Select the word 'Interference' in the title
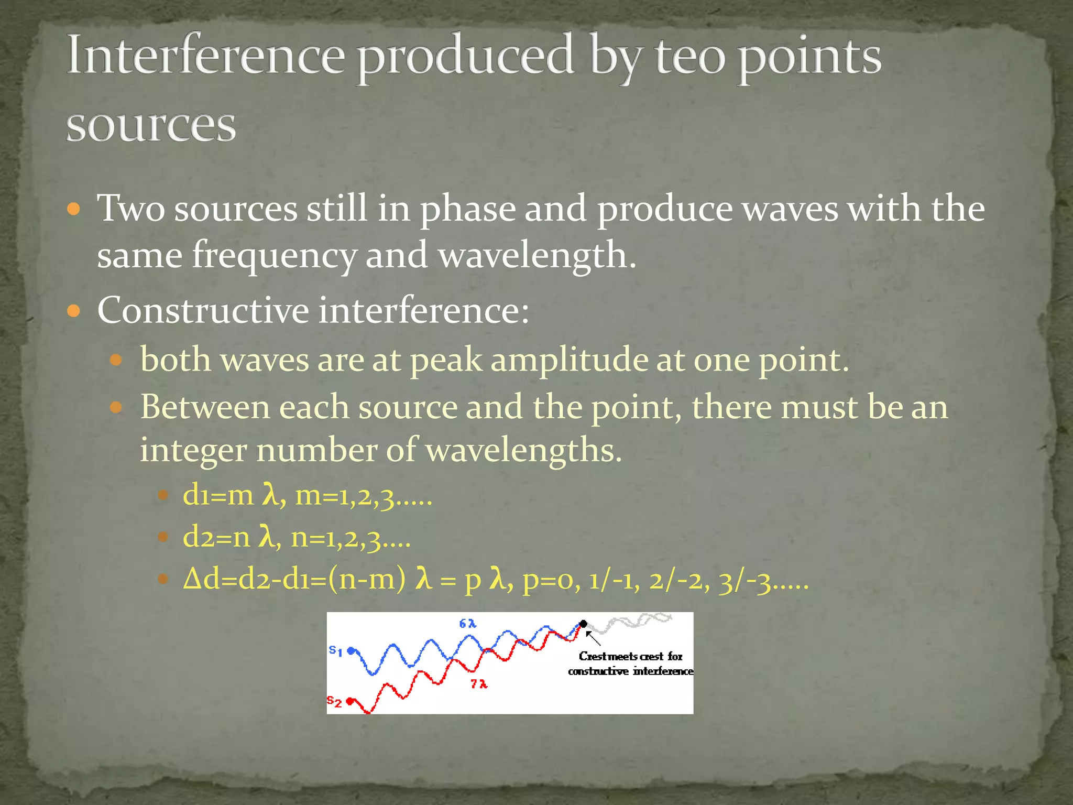206,55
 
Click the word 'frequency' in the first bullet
273,255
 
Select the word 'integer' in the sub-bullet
193,450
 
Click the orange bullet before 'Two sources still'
74,210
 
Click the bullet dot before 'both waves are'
116,361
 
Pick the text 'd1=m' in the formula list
217,495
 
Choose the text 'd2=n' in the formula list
216,537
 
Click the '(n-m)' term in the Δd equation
367,580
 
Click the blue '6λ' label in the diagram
467,624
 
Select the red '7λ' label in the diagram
479,684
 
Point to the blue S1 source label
335,651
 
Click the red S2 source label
334,701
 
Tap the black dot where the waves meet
583,624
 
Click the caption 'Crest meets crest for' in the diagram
630,656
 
